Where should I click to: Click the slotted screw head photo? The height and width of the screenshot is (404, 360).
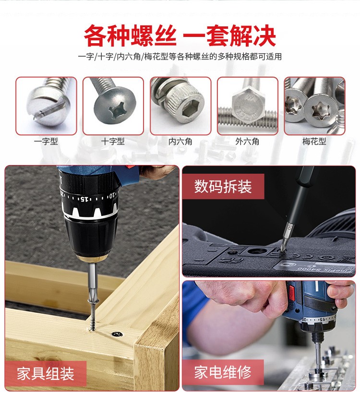click(x=46, y=106)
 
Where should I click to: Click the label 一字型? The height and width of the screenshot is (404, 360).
click(x=46, y=142)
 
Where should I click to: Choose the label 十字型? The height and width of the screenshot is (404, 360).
click(x=113, y=142)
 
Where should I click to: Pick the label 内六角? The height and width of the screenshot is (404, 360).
click(x=180, y=142)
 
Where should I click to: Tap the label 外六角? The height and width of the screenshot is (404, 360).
click(x=247, y=142)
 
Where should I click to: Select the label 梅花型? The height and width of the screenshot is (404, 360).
click(x=314, y=142)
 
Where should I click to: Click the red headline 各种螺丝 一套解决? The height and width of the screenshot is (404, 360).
click(x=180, y=36)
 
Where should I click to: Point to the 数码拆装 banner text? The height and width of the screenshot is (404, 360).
click(x=223, y=186)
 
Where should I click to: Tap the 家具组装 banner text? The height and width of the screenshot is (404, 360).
click(x=46, y=374)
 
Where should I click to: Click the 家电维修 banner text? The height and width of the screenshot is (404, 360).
click(x=223, y=372)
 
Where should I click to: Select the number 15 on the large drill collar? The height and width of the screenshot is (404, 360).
click(x=84, y=199)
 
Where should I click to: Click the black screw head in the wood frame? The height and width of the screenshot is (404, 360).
click(x=117, y=334)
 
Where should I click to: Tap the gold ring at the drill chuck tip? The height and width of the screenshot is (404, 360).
click(x=91, y=258)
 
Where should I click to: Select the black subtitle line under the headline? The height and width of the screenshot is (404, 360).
click(x=180, y=57)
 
